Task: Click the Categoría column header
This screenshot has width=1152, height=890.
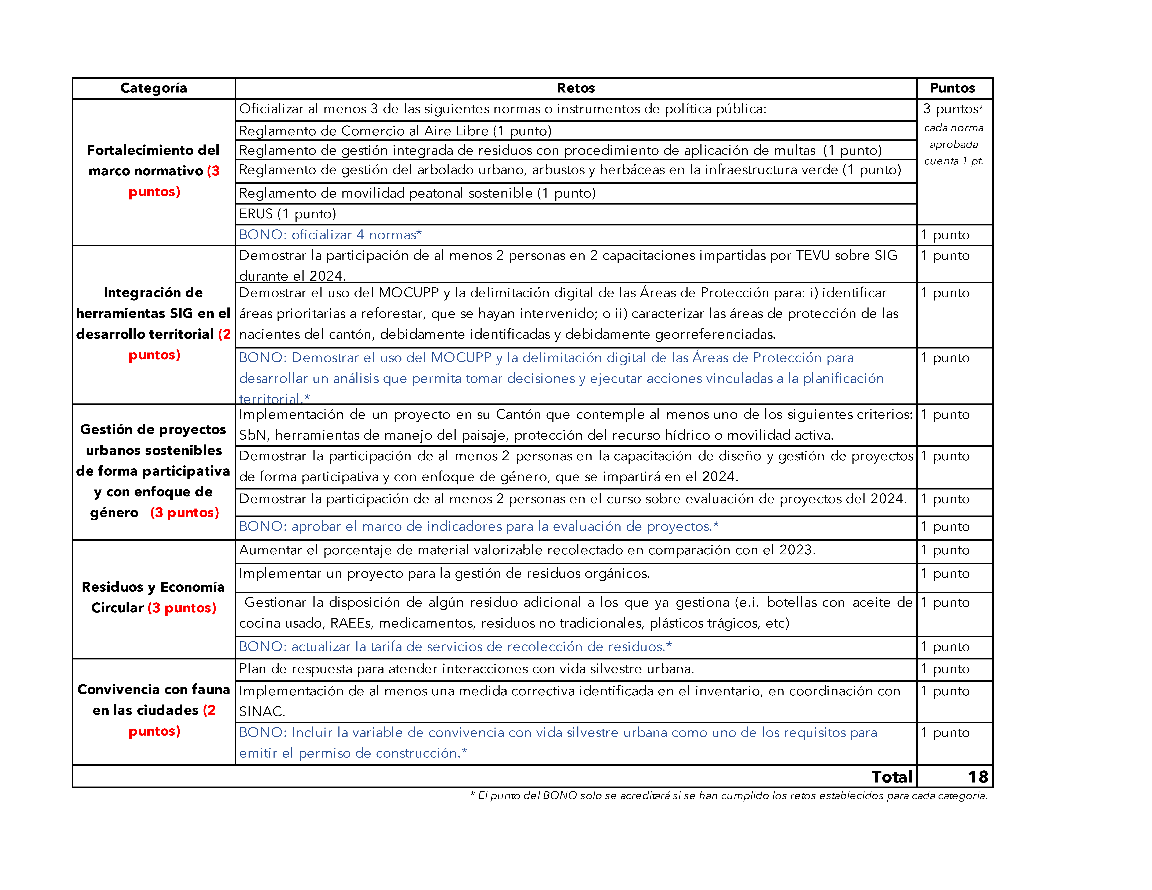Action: pyautogui.click(x=153, y=88)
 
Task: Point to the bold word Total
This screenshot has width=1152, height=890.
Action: pyautogui.click(x=891, y=777)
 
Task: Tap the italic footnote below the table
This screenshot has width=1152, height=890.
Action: pyautogui.click(x=728, y=796)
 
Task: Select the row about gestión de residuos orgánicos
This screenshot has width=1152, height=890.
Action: pyautogui.click(x=444, y=574)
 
